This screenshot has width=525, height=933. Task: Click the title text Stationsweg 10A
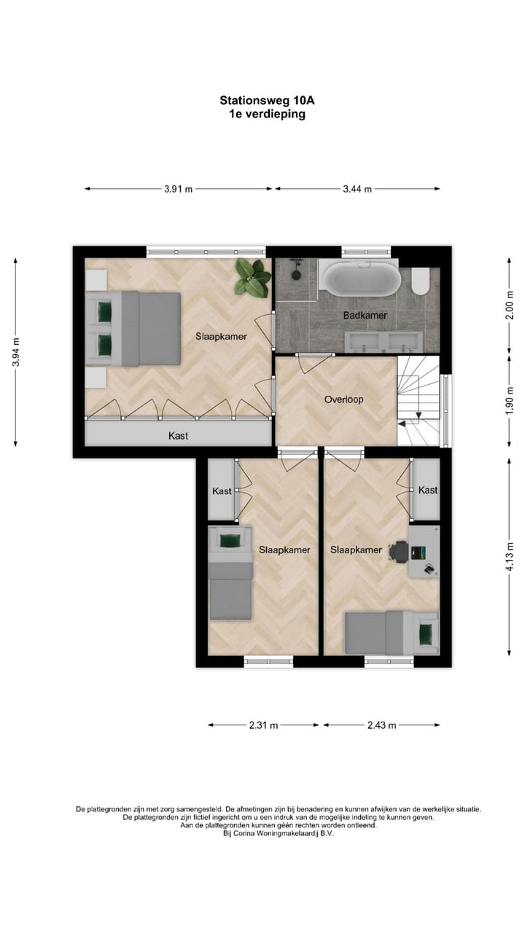tap(262, 101)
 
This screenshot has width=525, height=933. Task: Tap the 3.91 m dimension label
tap(178, 189)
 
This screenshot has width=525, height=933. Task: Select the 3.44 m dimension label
tap(357, 189)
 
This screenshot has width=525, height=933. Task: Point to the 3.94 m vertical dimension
tap(16, 351)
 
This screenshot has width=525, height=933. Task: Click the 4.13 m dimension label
tap(510, 555)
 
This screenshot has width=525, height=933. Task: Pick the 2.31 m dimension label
tap(263, 725)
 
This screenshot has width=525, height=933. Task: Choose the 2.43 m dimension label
tap(381, 725)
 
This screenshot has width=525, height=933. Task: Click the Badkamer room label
tap(365, 316)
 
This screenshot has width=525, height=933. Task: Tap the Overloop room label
tap(343, 399)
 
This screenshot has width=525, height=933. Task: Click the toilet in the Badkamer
tap(421, 281)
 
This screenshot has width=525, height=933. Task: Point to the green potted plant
tap(251, 276)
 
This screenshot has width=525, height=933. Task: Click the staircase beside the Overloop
tap(419, 401)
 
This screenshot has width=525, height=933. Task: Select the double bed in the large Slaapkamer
tap(133, 329)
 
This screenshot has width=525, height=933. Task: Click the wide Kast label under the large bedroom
tap(178, 436)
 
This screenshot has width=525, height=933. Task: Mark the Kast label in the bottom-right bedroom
tap(428, 491)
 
